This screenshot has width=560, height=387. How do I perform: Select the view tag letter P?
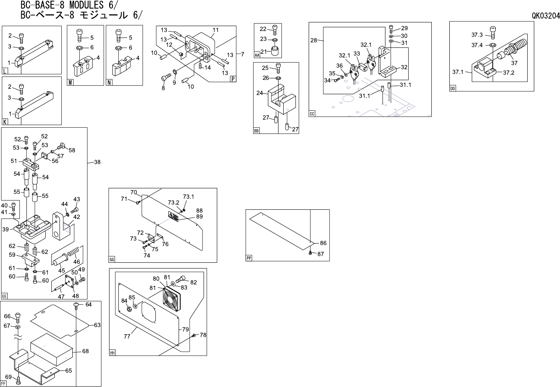(233, 79)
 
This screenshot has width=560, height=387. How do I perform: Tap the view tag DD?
(452, 89)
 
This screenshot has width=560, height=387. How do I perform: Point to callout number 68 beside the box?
(85, 351)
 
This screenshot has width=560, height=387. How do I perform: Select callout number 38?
(97, 162)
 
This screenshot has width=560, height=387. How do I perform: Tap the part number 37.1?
(458, 72)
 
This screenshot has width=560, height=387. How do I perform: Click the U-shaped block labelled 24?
(281, 99)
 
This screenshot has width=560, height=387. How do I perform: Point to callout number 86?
(323, 243)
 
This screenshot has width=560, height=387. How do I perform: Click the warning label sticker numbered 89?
(173, 216)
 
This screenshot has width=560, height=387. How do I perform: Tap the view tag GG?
(112, 260)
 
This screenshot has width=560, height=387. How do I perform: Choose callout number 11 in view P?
(215, 30)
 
